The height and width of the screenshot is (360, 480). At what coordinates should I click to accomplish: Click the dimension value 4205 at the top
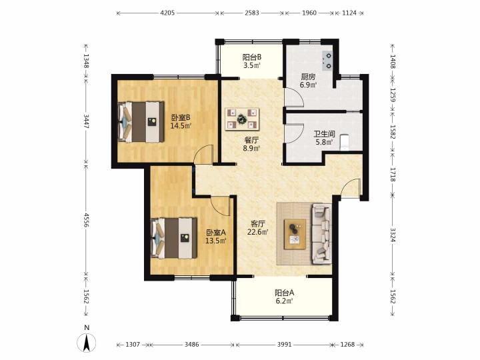(167, 13)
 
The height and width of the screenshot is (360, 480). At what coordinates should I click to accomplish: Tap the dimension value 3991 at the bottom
(285, 345)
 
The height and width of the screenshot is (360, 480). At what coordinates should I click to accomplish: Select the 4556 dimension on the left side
(86, 220)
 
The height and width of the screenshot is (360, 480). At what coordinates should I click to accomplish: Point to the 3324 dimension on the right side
(393, 235)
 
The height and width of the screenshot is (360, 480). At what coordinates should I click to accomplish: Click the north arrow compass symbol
(87, 342)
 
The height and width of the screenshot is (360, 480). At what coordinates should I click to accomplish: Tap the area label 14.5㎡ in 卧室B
(181, 125)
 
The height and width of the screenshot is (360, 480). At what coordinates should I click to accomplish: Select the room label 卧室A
(216, 233)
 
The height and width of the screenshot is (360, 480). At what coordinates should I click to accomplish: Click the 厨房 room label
(308, 77)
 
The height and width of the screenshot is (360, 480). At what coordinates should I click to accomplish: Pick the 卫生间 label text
(324, 134)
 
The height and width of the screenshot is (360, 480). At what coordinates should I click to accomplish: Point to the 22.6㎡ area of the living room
(258, 232)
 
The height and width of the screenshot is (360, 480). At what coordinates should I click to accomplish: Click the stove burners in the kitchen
(327, 61)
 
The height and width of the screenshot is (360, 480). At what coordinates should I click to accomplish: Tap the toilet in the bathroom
(345, 142)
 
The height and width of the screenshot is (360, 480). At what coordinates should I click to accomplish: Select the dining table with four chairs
(242, 119)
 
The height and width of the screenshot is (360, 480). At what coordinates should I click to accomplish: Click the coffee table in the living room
(295, 234)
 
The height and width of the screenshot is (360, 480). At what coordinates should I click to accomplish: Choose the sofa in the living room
(321, 233)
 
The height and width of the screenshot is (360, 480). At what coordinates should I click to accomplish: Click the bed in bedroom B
(141, 122)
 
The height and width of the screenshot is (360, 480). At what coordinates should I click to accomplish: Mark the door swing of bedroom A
(221, 207)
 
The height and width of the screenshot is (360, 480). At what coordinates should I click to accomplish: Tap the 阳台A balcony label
(284, 293)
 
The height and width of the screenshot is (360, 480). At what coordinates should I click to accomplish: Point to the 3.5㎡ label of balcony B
(251, 65)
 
